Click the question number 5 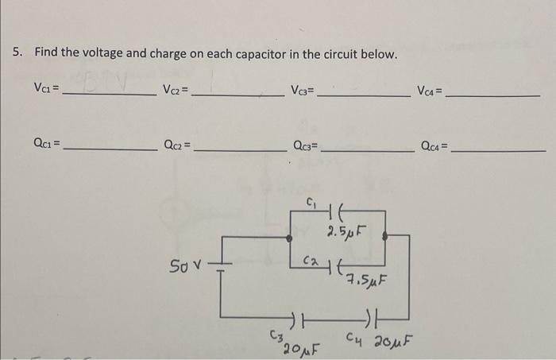pyautogui.click(x=17, y=53)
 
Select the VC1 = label pyautogui.click(x=45, y=88)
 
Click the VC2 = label pyautogui.click(x=176, y=88)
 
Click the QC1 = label pyautogui.click(x=47, y=145)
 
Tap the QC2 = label pyautogui.click(x=177, y=145)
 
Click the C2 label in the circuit pyautogui.click(x=312, y=260)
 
